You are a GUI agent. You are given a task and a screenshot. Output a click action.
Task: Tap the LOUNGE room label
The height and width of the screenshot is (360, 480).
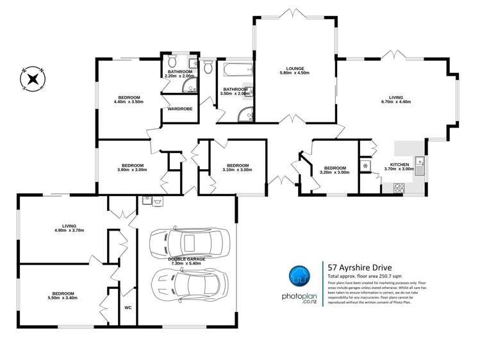click(x=294, y=69)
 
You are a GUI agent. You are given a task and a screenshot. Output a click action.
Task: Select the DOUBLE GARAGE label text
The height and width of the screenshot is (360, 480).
click(x=185, y=259)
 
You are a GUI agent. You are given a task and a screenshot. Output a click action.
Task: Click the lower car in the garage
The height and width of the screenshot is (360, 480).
click(x=188, y=281)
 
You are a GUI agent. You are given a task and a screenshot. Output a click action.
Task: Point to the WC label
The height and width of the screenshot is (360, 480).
click(x=128, y=307)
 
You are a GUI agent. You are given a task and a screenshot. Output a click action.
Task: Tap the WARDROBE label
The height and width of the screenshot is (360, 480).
click(x=179, y=109)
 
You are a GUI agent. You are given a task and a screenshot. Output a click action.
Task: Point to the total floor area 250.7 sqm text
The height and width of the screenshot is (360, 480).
click(x=363, y=275)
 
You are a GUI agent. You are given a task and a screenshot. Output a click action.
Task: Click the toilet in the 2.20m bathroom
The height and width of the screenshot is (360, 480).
click(x=171, y=62)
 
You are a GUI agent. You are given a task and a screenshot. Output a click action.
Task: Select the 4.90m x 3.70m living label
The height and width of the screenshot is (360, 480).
click(x=69, y=229)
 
